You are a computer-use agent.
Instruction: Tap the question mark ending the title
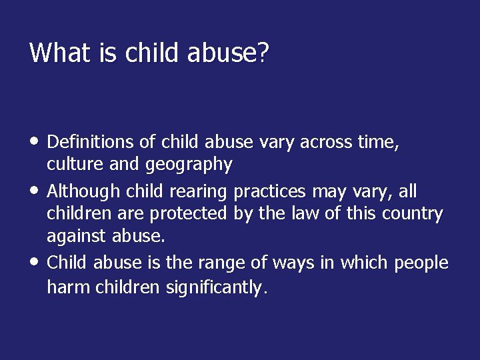pyautogui.click(x=262, y=53)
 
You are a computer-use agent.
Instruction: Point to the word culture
pyautogui.click(x=72, y=164)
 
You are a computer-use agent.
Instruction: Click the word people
pyautogui.click(x=421, y=263)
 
